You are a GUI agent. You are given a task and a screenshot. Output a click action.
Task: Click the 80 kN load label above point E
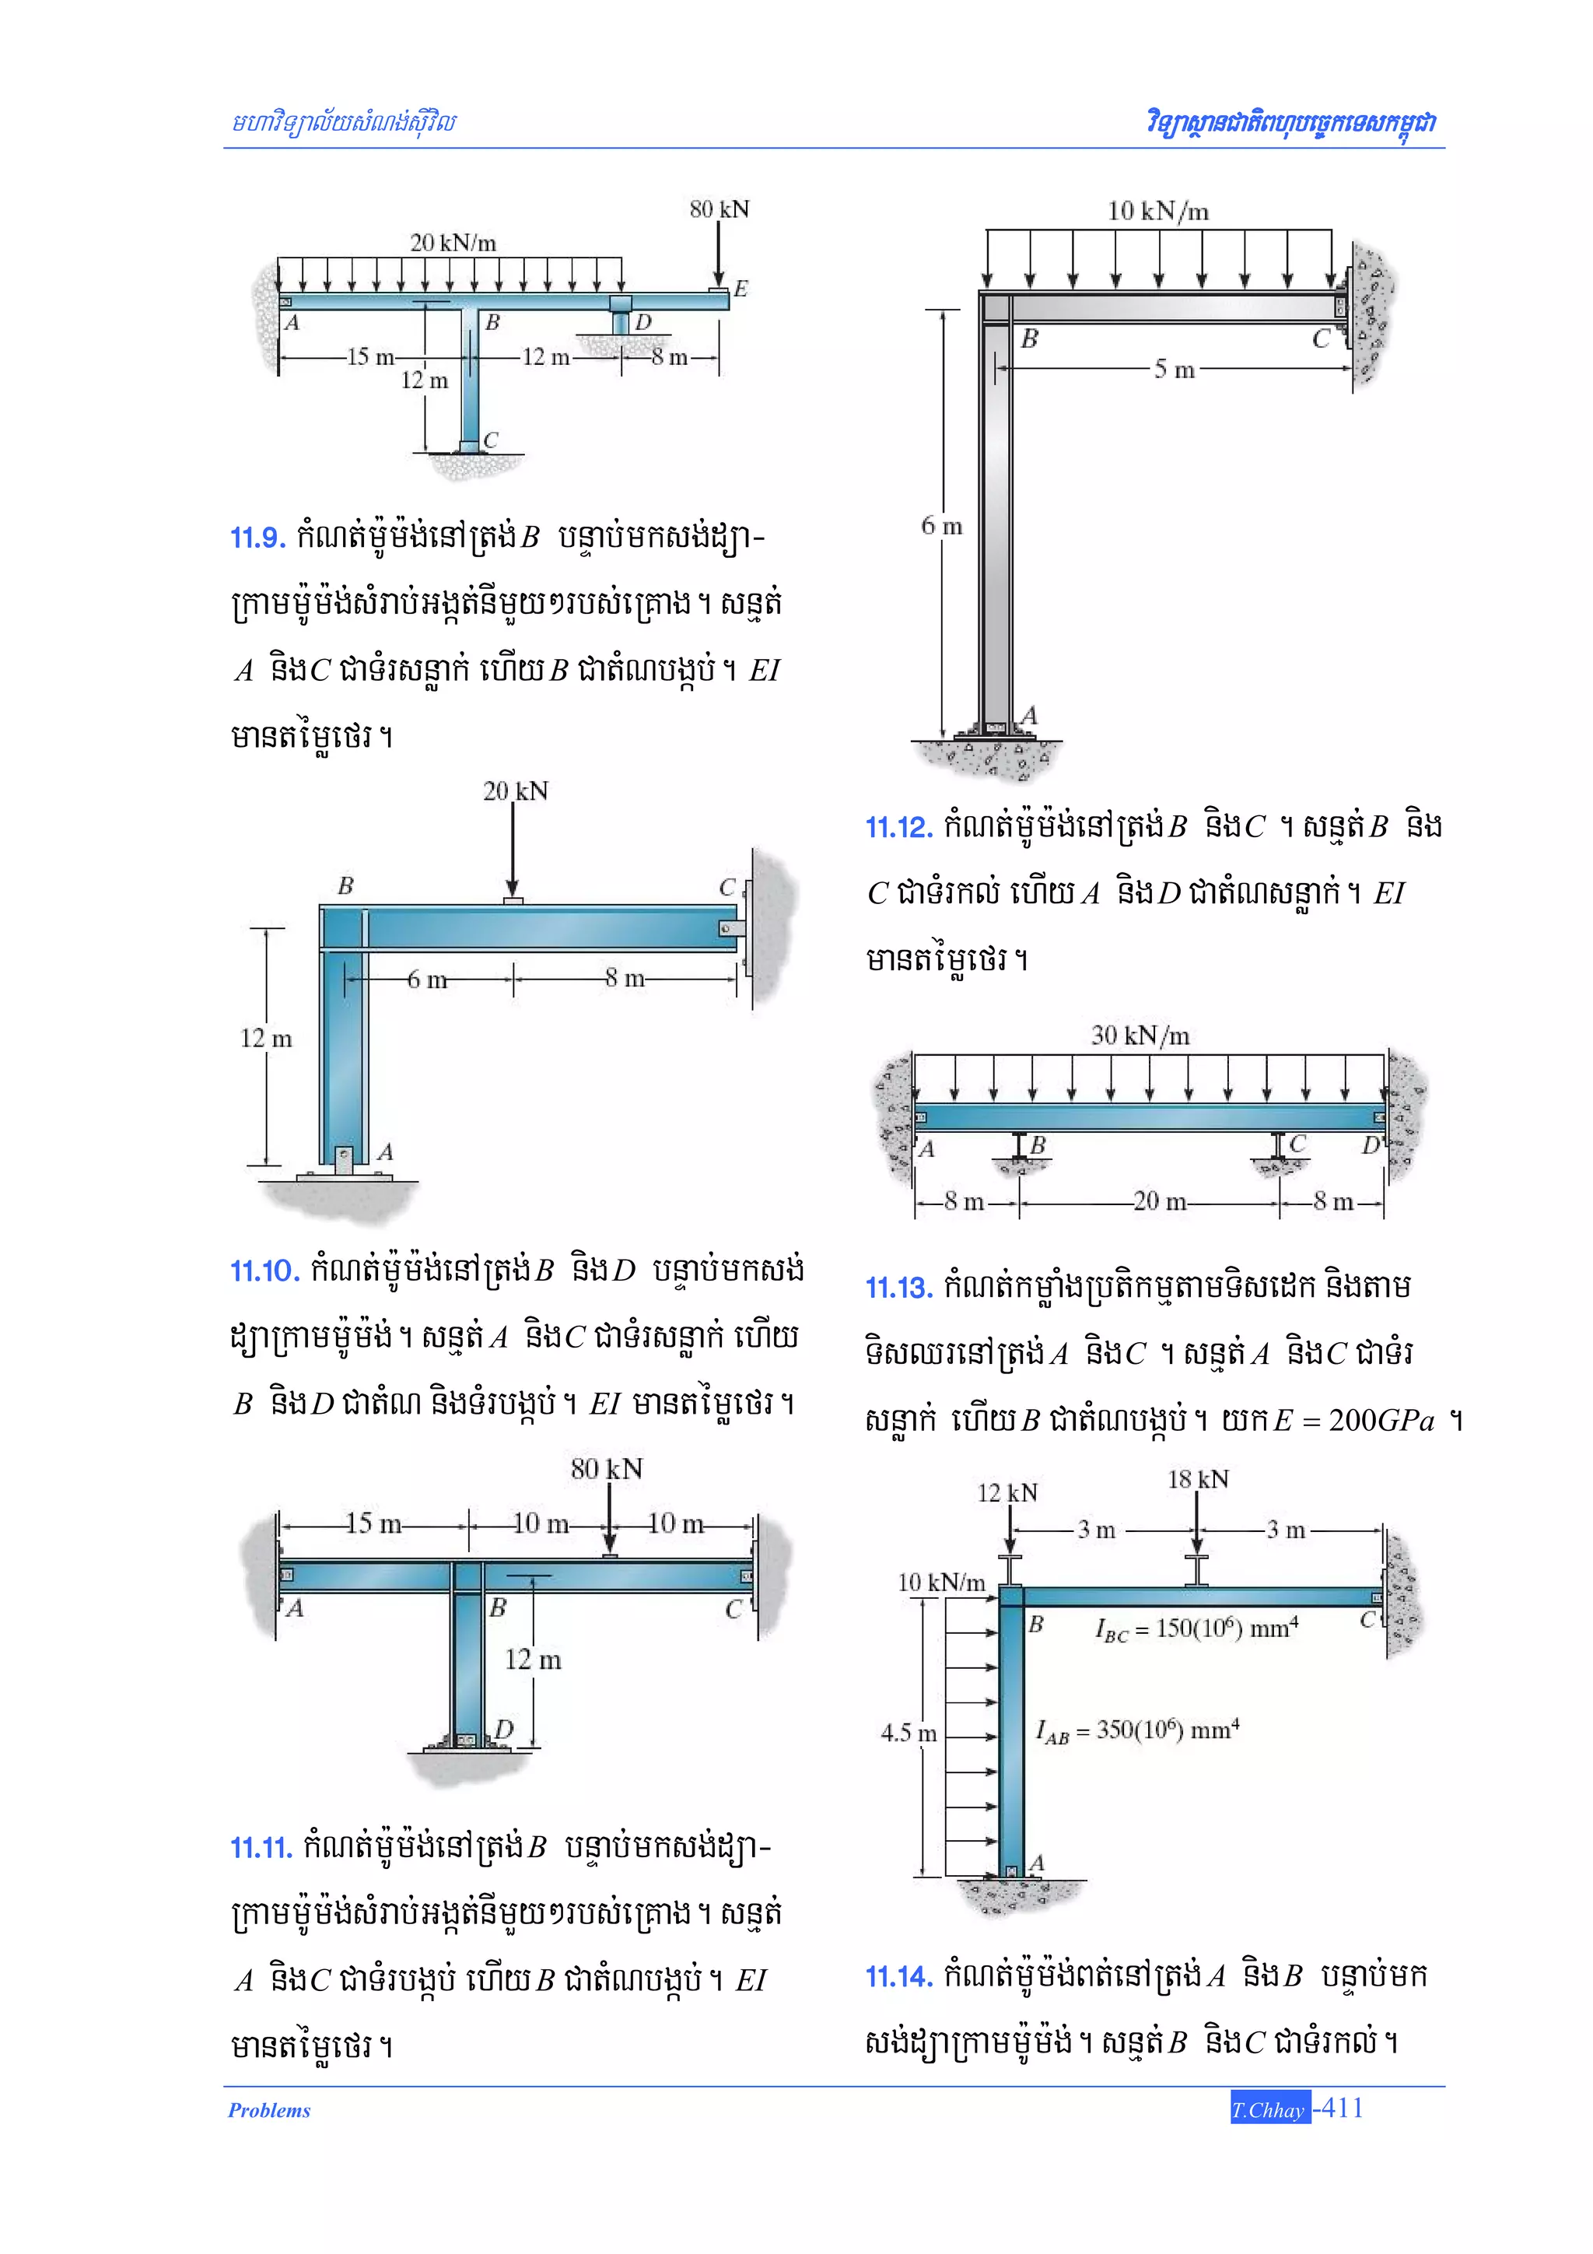click(x=719, y=209)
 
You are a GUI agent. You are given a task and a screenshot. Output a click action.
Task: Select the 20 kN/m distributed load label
click(x=453, y=243)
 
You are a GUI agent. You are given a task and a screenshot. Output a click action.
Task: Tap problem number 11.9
click(x=257, y=538)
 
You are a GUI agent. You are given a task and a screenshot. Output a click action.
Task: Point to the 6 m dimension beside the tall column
click(x=941, y=526)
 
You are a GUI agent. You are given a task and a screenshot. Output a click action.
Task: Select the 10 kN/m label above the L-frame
click(x=1158, y=211)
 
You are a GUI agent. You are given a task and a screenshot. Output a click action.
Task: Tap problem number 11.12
click(x=898, y=828)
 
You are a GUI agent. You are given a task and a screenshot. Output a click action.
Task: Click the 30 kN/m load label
click(x=1140, y=1036)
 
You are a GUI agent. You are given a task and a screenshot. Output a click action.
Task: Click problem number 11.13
click(x=898, y=1288)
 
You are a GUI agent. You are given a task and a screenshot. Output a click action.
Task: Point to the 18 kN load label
click(x=1197, y=1479)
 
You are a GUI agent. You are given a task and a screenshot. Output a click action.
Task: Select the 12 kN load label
click(x=1007, y=1493)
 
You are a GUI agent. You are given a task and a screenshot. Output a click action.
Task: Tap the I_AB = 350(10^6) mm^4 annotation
click(x=1137, y=1730)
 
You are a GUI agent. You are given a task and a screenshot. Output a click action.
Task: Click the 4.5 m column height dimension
click(x=908, y=1733)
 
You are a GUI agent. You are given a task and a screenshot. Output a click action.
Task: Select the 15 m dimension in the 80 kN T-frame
click(x=373, y=1523)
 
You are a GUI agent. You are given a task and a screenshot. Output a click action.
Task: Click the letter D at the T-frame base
click(x=503, y=1729)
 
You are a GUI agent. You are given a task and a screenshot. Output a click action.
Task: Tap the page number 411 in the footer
click(x=1342, y=2108)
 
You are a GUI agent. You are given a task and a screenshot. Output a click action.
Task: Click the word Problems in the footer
click(x=269, y=2111)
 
